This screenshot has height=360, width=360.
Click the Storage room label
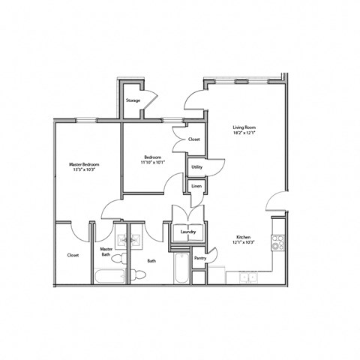133,100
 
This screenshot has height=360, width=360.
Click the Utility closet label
196,166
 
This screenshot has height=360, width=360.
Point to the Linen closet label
196,186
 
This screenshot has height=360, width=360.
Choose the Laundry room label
188,232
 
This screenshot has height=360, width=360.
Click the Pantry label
200,258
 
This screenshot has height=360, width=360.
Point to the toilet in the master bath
139,276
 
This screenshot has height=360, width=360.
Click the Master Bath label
106,252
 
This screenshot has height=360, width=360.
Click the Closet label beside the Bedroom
193,139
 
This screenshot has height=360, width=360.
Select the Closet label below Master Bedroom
73,255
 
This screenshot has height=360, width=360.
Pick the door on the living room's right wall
278,201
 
